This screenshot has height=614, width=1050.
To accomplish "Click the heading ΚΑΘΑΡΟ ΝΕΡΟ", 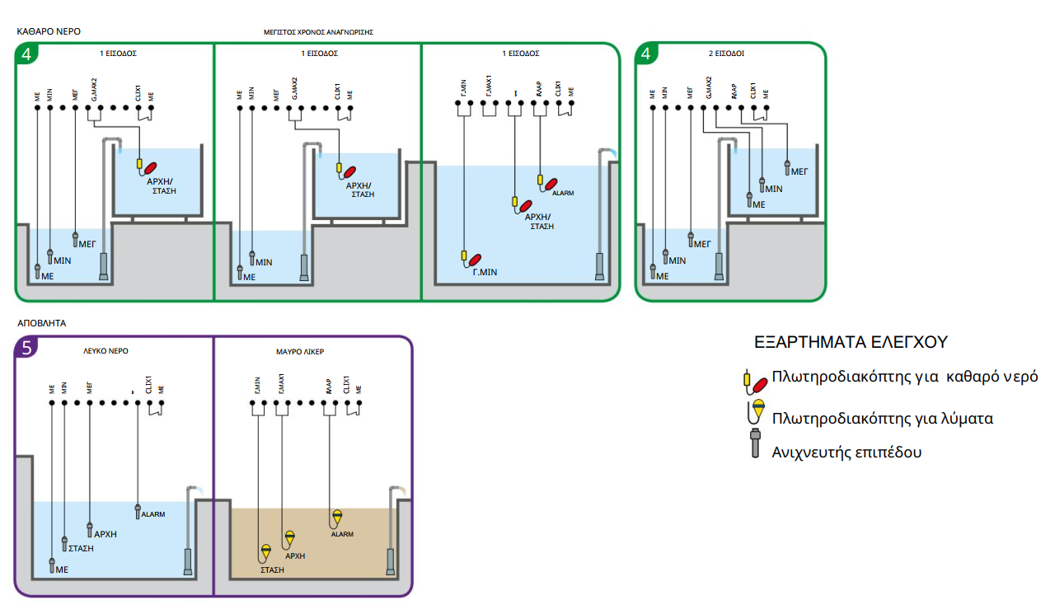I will [49, 31].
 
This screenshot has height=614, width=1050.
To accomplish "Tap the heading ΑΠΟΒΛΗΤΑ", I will [41, 324].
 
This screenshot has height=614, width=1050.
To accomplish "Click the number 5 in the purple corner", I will [26, 349].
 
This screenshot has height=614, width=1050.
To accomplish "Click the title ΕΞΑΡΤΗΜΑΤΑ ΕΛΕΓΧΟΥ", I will [851, 341].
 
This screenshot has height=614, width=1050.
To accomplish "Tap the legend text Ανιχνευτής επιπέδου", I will [846, 452].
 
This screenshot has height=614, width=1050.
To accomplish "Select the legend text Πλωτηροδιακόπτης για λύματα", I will [882, 419].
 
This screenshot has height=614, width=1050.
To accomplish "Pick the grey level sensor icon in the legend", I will [754, 443].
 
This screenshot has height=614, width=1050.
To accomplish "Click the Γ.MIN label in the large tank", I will [484, 272].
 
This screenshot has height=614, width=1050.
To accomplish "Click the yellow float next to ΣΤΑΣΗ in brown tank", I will [266, 551].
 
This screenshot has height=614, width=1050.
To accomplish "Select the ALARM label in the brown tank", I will [342, 534].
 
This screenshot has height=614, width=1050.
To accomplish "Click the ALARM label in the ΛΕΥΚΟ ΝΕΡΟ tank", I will [153, 514].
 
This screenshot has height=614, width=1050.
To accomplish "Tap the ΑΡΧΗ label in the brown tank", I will [295, 555].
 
